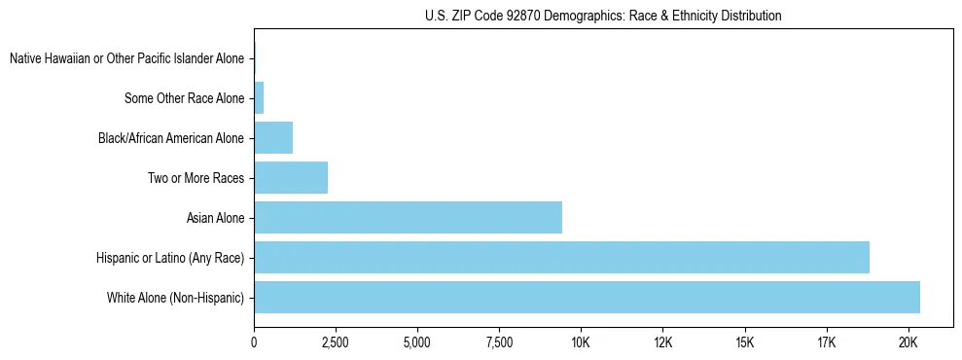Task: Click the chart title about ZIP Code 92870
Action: coord(603,16)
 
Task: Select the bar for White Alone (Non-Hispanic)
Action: coord(587,297)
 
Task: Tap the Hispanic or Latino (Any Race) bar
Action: coord(561,257)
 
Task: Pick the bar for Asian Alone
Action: coord(408,217)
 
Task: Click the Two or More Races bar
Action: coord(291,177)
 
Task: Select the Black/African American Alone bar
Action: coord(273,137)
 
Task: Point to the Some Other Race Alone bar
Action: coord(259,97)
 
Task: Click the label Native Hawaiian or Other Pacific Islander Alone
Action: coord(126,58)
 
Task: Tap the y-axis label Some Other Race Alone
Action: coord(185,98)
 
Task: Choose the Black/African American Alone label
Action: coord(171,138)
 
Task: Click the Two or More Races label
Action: coord(196,178)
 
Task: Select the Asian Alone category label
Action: coord(215,218)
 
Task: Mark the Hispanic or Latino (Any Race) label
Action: coord(170,258)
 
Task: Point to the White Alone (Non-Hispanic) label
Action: coord(175,298)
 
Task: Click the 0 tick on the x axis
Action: coord(254,342)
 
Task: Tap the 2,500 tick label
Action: coord(336,342)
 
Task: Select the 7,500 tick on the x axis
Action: coord(499,342)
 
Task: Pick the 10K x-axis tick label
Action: coord(581,342)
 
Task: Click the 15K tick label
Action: coord(744,342)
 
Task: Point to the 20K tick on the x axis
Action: coord(908,342)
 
